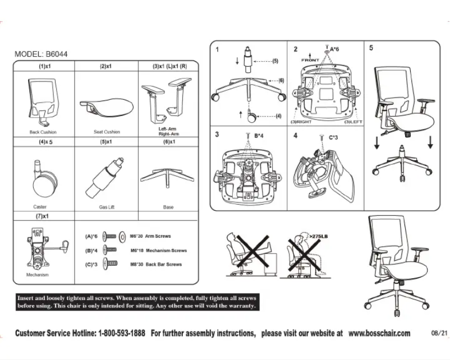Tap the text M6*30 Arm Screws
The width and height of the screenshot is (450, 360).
point(150,237)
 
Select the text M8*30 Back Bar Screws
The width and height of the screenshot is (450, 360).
point(155,264)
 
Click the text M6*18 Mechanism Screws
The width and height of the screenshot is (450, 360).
point(158,251)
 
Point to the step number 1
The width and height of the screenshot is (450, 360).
point(217,50)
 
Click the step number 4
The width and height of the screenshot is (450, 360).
point(295,136)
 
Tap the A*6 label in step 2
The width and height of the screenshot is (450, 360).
point(334,49)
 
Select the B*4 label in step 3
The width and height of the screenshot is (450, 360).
point(259,135)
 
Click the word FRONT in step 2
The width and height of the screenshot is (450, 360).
point(310,60)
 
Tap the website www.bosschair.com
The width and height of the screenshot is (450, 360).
point(379,333)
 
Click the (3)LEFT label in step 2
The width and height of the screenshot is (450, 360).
point(353,122)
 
